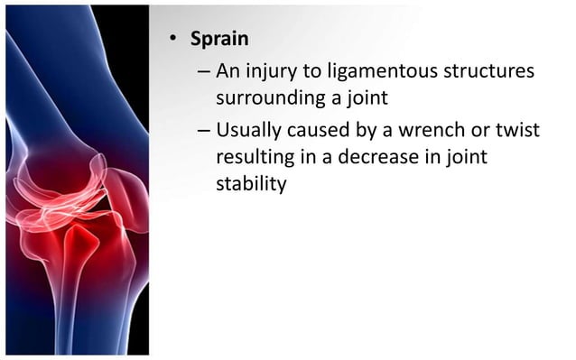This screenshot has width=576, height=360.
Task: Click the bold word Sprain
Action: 218,40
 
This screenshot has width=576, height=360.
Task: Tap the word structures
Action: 485,70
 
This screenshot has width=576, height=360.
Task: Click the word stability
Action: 251,185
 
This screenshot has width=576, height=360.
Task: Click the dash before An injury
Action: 203,71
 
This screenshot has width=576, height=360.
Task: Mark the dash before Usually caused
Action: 203,132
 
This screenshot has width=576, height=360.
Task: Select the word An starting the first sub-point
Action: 229,70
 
